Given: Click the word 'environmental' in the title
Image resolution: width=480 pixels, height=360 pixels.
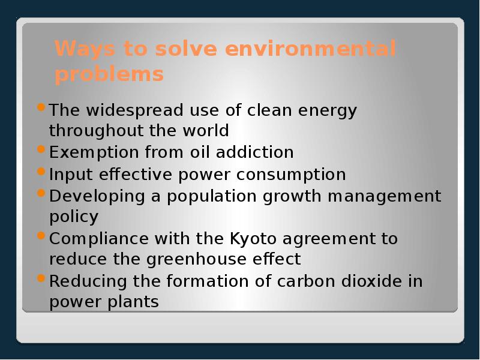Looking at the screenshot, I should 310,49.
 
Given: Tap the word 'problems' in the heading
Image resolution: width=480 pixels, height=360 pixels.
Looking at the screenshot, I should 109,75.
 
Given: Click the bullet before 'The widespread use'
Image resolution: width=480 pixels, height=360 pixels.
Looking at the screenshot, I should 40,108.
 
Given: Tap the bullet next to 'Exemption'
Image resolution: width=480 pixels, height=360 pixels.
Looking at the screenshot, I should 40,149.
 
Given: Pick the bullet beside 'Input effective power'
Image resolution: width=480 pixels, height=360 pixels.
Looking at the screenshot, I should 40,171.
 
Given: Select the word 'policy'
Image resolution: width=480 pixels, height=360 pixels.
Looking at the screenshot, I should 74,217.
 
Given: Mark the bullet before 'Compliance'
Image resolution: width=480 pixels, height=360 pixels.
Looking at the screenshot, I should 40,235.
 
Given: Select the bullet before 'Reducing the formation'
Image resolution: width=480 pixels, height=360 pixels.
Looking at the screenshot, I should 40,278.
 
